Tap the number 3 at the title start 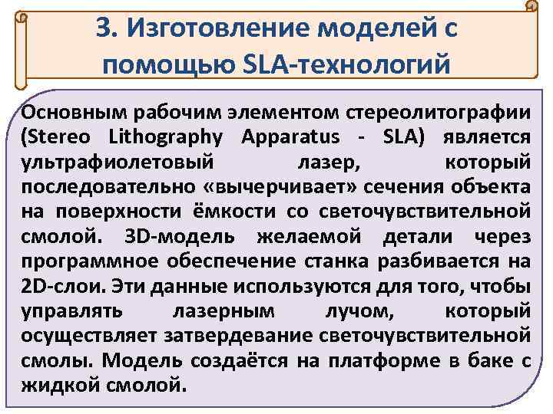click(103, 29)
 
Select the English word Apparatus click(293, 137)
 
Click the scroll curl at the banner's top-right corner click(529, 8)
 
